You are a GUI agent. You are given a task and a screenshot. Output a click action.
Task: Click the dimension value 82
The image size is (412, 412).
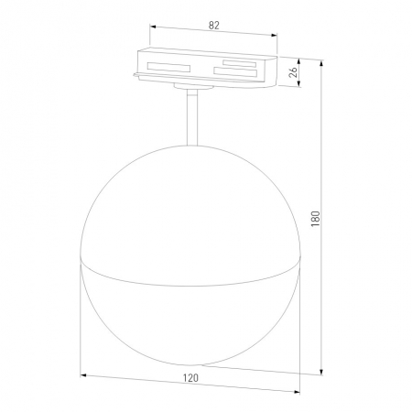(x=214, y=26)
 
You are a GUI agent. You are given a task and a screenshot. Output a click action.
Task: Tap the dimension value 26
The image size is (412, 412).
(x=293, y=72)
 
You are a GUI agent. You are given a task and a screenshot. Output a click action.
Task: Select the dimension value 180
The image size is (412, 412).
(x=316, y=219)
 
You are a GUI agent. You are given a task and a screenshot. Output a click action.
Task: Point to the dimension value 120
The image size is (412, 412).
(x=190, y=378)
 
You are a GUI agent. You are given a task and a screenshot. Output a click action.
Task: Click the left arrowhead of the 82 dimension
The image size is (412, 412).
(x=153, y=27)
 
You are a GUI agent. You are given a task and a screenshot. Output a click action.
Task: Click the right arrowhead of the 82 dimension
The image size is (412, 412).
(x=274, y=36)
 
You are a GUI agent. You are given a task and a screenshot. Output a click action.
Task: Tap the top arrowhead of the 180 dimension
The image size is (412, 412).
(x=321, y=63)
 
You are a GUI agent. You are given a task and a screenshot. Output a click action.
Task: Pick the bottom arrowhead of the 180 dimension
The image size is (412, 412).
(x=321, y=372)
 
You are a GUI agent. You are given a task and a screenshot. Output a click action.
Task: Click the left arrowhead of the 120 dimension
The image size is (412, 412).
(x=83, y=375)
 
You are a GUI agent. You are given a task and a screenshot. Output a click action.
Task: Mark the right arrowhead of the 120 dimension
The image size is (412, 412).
(x=297, y=392)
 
